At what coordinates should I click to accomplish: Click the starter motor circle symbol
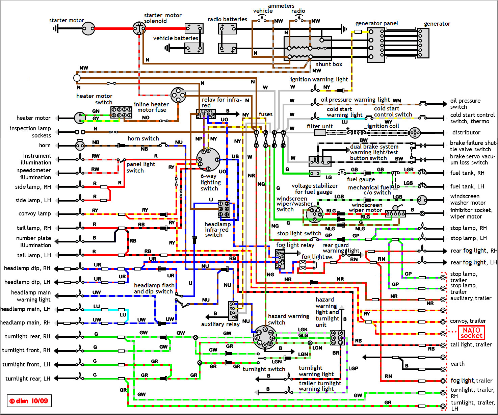click(x=88, y=29)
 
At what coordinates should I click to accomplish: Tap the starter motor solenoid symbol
click(x=139, y=28)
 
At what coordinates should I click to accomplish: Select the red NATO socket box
click(x=471, y=333)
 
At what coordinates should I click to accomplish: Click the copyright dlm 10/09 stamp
click(x=29, y=401)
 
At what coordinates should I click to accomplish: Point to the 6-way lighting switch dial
click(x=208, y=159)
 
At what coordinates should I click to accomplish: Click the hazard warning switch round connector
click(x=265, y=337)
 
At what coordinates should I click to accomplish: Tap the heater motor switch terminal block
click(x=122, y=112)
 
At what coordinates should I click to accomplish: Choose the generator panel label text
click(x=376, y=23)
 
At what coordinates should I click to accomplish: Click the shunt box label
click(x=329, y=64)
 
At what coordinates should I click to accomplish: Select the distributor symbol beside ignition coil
click(x=415, y=133)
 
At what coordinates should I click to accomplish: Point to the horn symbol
click(x=80, y=145)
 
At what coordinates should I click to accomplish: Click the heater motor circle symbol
click(x=80, y=118)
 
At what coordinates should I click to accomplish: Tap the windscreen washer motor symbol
click(x=422, y=200)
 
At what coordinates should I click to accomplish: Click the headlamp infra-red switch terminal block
click(x=224, y=209)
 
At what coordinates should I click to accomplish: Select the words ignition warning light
click(x=319, y=79)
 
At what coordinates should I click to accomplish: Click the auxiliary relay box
click(x=233, y=311)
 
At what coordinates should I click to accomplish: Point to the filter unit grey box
click(x=320, y=133)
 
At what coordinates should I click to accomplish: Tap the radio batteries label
click(x=227, y=19)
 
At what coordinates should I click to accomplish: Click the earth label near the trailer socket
click(x=457, y=364)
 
